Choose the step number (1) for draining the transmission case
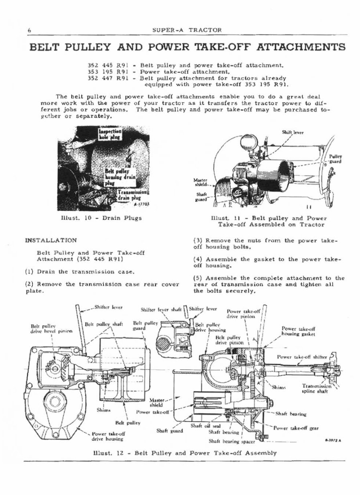point(29,271)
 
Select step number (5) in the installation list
point(198,278)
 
